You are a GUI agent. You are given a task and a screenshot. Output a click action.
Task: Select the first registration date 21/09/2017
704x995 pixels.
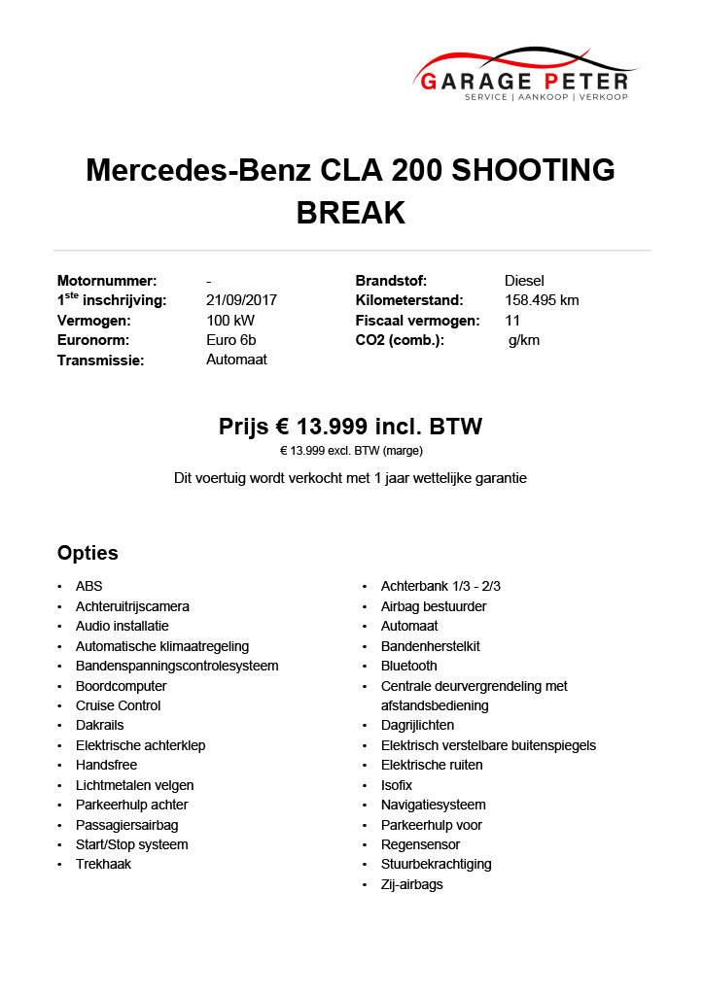[241, 300]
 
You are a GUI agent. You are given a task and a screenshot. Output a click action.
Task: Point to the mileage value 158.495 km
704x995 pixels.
[542, 300]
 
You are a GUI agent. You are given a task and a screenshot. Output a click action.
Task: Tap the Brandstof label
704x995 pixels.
[391, 281]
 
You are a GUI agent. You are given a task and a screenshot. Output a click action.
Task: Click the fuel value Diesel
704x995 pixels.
[524, 281]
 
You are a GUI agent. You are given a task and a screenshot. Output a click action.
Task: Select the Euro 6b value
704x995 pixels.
[230, 340]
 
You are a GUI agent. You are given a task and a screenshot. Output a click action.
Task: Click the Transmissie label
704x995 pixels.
[100, 360]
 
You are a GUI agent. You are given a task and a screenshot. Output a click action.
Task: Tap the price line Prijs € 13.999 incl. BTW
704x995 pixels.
[350, 428]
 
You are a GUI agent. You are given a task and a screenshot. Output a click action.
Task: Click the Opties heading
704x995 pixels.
[88, 553]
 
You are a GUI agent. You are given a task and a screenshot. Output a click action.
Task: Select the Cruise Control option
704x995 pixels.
[118, 705]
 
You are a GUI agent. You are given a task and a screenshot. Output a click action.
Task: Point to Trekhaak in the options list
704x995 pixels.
[103, 864]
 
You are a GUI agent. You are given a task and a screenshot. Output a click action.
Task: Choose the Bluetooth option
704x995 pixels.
[408, 666]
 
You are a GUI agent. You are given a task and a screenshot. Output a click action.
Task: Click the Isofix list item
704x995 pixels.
[397, 785]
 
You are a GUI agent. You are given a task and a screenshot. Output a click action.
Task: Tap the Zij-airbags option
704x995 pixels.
[411, 884]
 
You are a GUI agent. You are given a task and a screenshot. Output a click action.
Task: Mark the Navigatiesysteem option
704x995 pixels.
[433, 805]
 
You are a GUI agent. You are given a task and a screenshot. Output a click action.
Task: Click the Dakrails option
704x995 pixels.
[99, 725]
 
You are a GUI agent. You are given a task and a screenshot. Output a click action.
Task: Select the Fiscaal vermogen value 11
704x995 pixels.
[512, 321]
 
